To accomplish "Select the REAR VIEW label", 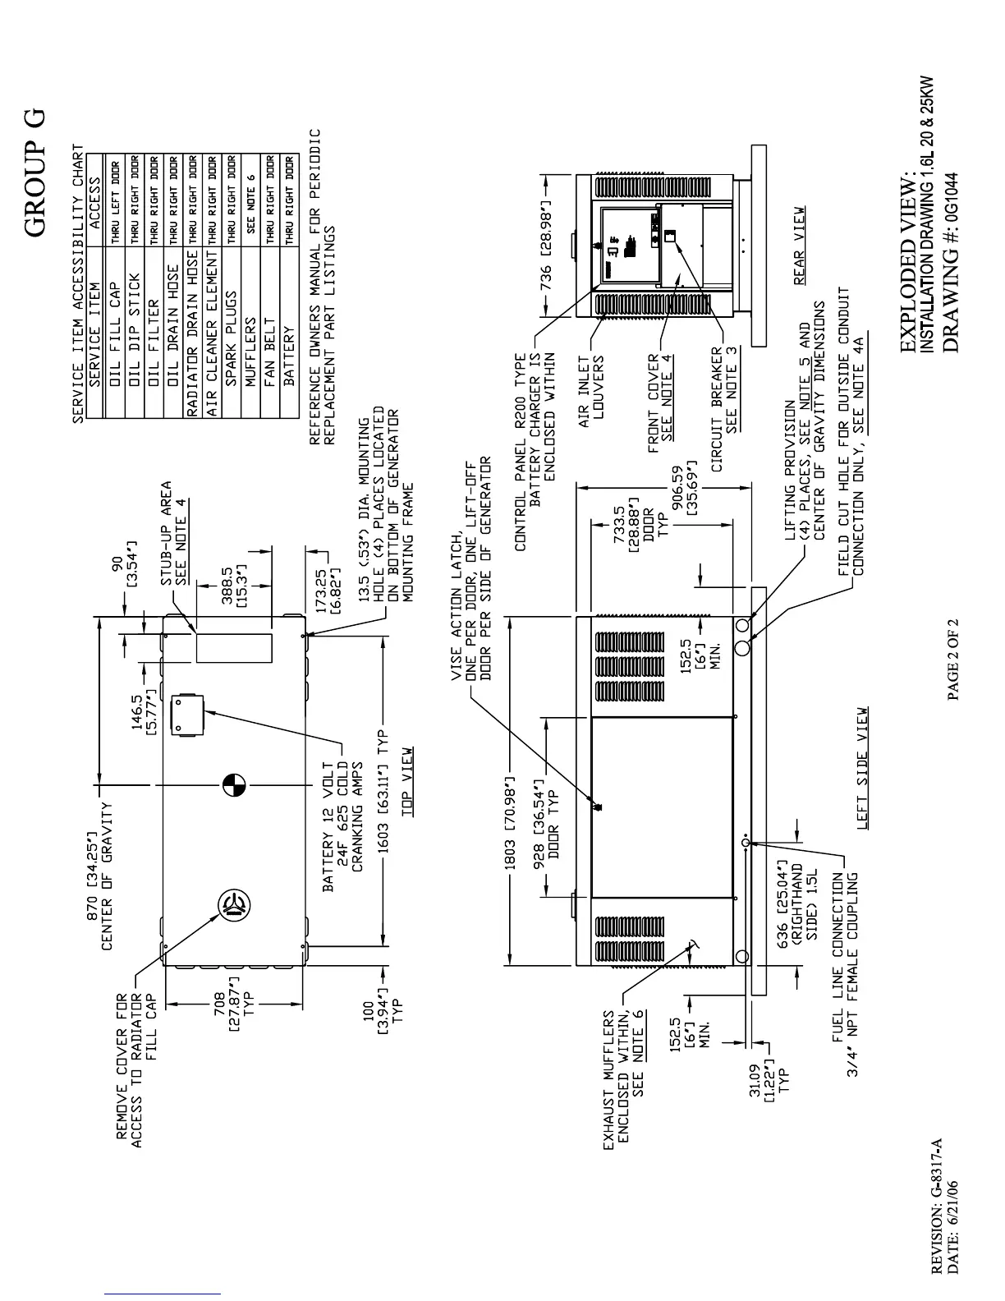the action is coord(799,246).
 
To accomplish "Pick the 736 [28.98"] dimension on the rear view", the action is coord(546,244).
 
